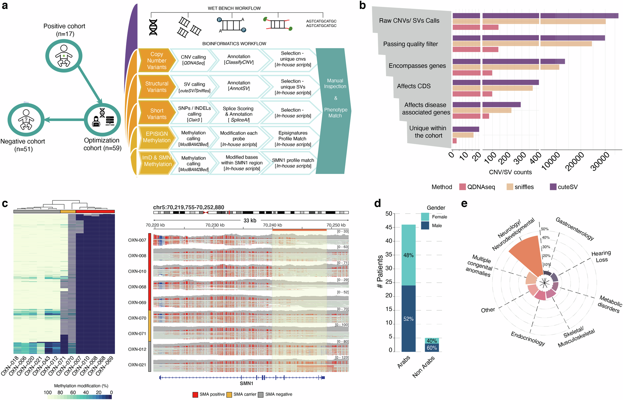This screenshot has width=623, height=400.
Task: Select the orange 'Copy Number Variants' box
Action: [156, 61]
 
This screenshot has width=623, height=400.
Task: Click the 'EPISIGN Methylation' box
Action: [156, 137]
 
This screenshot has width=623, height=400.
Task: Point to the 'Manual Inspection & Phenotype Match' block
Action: [335, 98]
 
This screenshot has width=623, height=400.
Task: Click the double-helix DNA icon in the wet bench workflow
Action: [153, 27]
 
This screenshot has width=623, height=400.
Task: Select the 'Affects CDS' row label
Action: [414, 86]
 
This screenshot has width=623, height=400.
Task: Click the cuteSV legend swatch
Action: [553, 187]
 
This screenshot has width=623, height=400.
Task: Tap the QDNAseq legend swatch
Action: [463, 187]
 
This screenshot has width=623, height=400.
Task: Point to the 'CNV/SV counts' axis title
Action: [510, 172]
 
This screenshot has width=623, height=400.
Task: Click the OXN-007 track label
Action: [137, 240]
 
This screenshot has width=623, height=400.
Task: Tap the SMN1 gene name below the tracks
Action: [246, 384]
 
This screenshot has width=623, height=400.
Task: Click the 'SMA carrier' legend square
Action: [229, 394]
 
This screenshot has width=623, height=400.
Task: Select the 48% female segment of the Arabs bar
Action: [408, 255]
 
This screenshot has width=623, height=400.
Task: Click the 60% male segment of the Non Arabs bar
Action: [432, 348]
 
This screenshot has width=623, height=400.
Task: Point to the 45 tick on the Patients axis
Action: [389, 227]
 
